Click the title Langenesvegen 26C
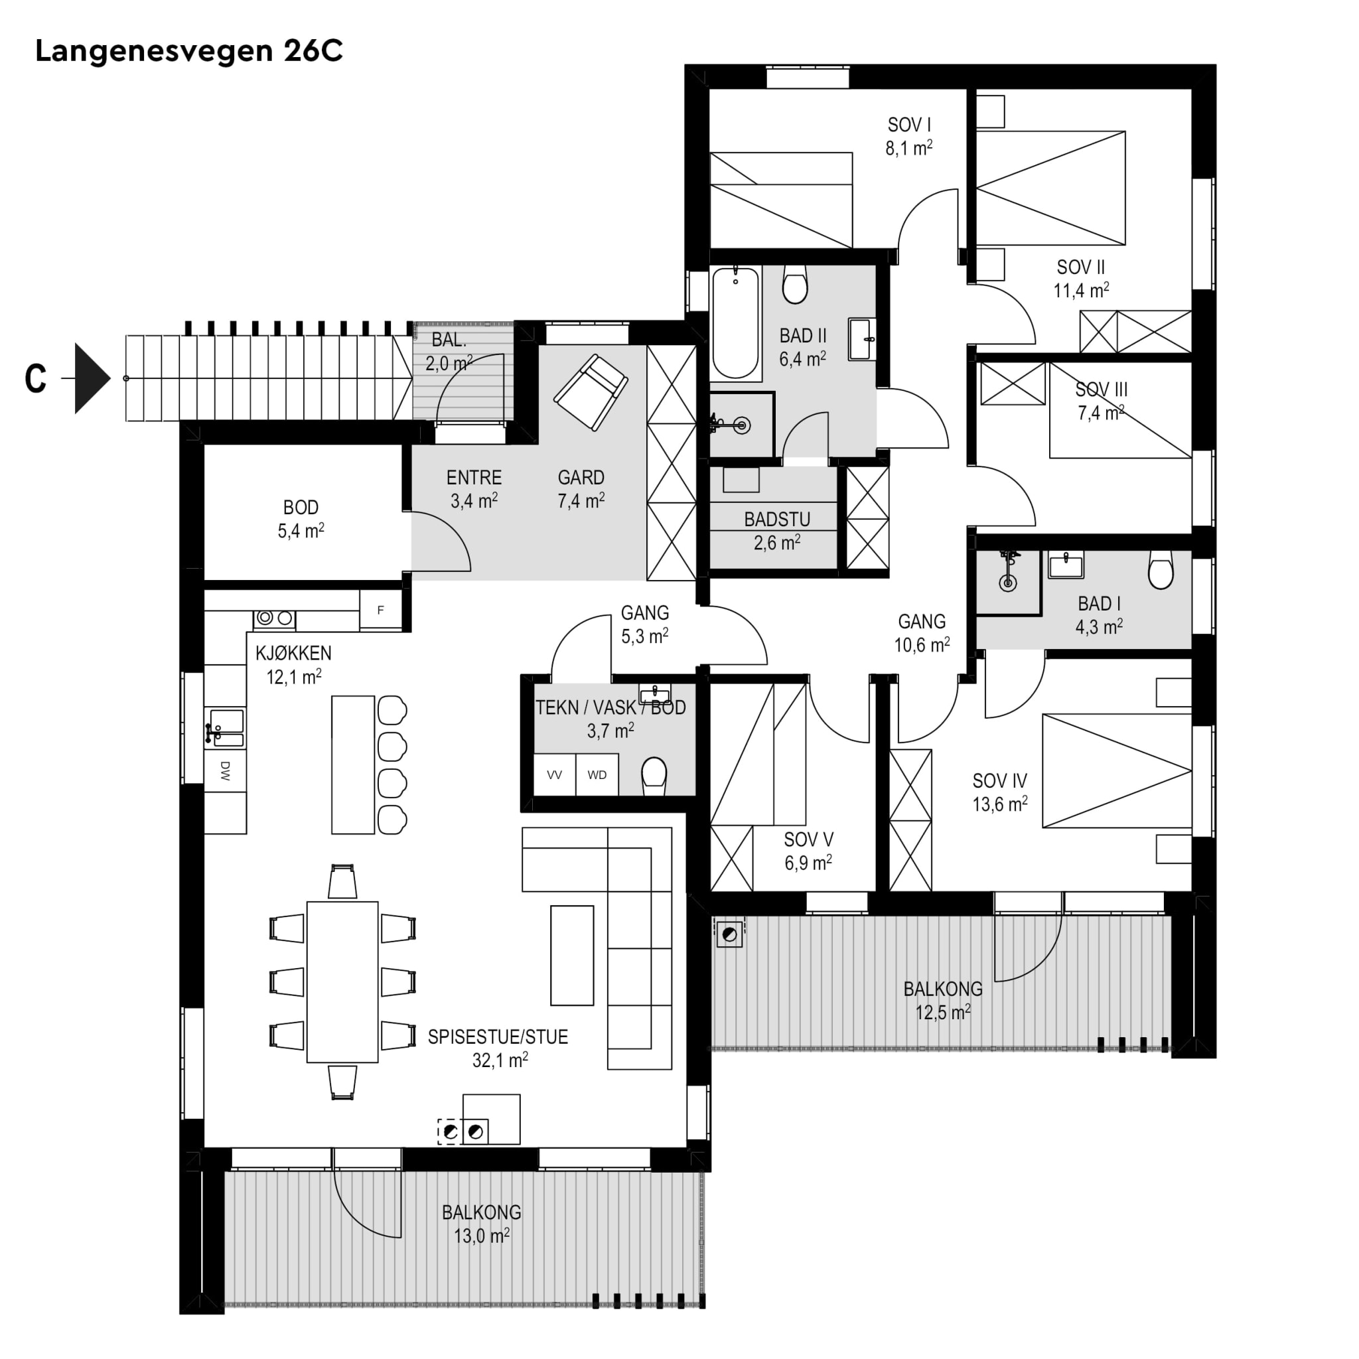188,51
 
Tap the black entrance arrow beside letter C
92,378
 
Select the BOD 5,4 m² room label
301,519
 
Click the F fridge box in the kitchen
380,610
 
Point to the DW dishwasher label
225,771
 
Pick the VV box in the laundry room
554,775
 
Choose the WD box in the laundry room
597,775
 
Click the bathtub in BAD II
737,323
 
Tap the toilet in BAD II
795,284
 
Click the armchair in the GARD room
591,392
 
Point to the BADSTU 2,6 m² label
777,531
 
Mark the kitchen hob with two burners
274,618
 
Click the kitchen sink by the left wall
226,727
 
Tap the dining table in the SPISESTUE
342,982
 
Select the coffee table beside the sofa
572,956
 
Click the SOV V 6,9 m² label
808,851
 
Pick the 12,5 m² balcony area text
944,1013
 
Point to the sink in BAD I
1066,564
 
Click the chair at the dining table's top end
342,881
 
